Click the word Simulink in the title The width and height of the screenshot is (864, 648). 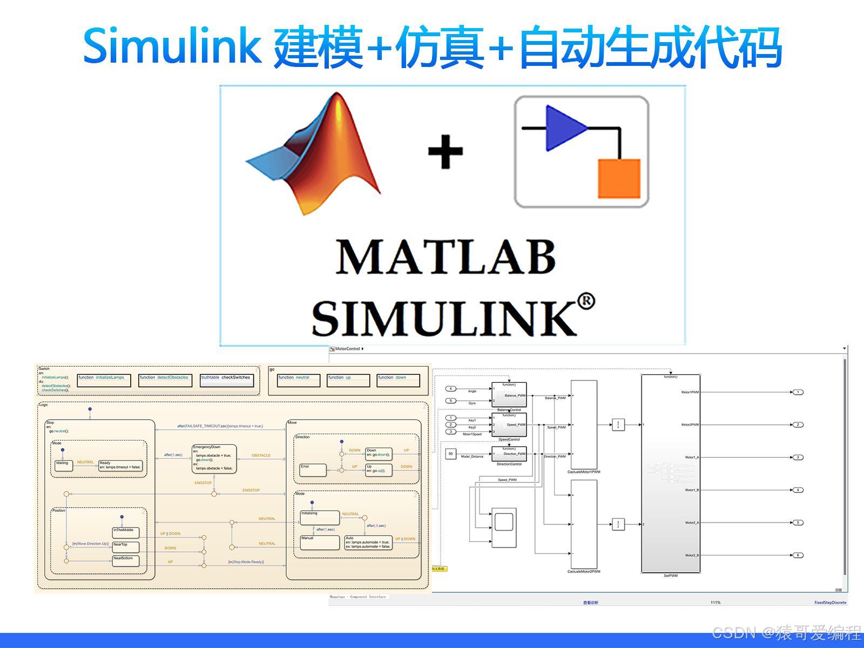coord(172,46)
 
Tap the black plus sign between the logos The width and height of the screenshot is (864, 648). coord(446,152)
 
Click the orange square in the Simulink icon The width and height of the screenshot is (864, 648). coord(619,179)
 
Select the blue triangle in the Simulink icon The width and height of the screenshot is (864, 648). coord(564,129)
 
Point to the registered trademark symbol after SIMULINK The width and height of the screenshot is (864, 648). coord(586,301)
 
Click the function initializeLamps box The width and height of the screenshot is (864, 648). coord(104,380)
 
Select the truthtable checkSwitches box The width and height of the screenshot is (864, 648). coord(226,380)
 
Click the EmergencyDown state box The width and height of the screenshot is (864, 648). coord(214,458)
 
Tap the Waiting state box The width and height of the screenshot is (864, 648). coord(64,465)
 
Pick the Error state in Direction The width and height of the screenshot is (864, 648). coord(313,469)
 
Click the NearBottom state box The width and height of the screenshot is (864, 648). coord(125,561)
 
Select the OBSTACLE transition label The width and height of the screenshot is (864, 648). coord(261,456)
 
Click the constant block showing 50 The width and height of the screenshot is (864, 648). coord(450,454)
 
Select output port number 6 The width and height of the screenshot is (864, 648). coord(798,555)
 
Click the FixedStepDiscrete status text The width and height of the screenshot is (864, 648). coord(830,603)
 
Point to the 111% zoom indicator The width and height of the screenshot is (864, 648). coord(715,603)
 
